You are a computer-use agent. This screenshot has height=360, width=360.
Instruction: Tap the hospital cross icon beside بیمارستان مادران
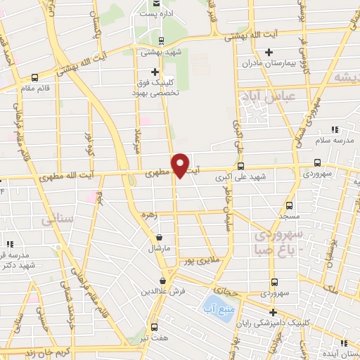(x=268, y=52)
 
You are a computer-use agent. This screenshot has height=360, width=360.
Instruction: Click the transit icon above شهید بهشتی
(x=162, y=40)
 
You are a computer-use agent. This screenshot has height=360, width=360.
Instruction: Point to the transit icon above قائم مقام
(x=35, y=78)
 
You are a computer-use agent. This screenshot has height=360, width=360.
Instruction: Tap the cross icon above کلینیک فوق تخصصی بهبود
(x=155, y=72)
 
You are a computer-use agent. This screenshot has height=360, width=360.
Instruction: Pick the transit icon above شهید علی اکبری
(x=241, y=167)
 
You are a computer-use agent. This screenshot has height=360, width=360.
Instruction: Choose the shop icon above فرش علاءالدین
(x=162, y=281)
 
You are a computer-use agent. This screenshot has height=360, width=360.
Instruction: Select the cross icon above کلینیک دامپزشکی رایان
(x=273, y=312)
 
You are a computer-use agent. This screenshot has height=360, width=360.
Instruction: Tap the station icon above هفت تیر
(x=155, y=328)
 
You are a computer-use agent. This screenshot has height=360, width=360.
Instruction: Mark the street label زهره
(x=148, y=214)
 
